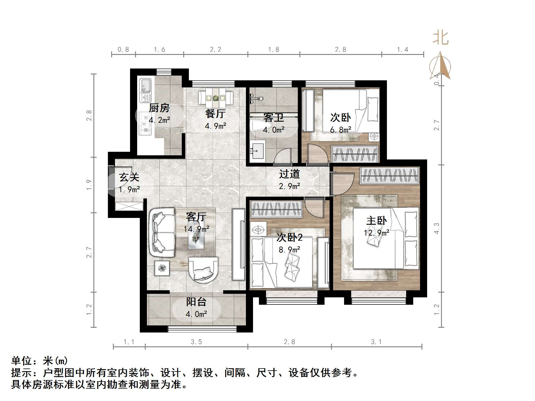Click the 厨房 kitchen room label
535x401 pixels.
(x=159, y=108)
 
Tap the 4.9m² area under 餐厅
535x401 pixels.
(x=215, y=126)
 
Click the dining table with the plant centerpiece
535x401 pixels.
(x=216, y=97)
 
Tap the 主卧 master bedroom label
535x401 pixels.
(x=376, y=221)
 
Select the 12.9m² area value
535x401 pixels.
(x=376, y=233)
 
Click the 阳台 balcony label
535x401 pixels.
(x=196, y=302)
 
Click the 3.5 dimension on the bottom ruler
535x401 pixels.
(x=196, y=342)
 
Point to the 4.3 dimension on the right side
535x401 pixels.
(x=437, y=228)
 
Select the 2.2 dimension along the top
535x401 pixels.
(x=215, y=50)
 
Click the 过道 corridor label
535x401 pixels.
(x=289, y=174)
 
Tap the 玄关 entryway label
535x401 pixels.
(x=129, y=177)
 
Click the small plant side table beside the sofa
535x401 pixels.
(x=162, y=268)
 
